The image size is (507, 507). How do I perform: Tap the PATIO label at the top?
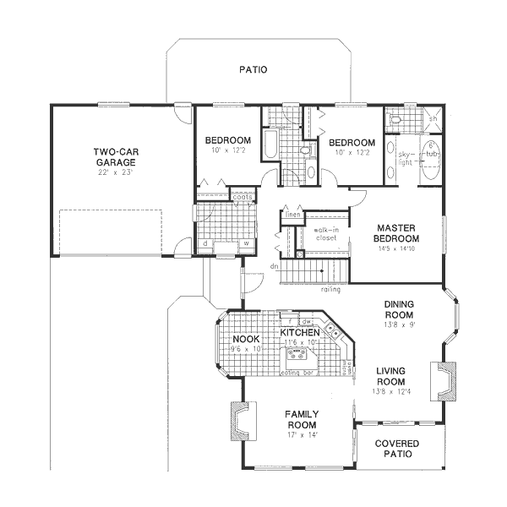click(252, 70)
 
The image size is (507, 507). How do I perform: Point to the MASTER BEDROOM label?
click(398, 233)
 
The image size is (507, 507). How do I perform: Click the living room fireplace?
click(444, 379)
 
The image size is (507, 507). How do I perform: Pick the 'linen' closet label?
click(292, 215)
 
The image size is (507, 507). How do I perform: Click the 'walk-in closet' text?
click(325, 234)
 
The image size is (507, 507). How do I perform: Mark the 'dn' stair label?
click(274, 267)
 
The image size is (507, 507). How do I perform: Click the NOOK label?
click(246, 340)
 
